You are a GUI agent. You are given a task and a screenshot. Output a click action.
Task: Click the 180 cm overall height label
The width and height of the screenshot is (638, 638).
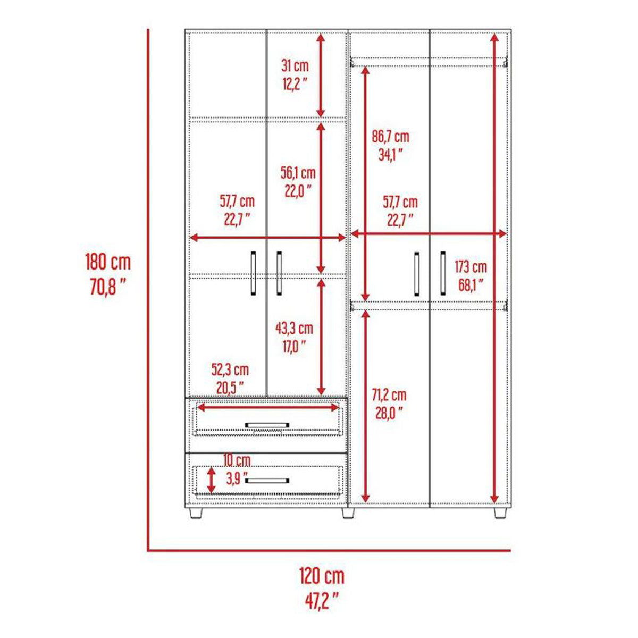point(108,262)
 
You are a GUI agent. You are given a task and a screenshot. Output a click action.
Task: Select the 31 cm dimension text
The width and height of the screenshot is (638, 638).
point(295,66)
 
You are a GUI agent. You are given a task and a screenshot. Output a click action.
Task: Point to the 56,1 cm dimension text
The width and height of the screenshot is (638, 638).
point(298,173)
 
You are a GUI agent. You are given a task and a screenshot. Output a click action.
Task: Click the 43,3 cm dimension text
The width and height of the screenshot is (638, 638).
point(294,329)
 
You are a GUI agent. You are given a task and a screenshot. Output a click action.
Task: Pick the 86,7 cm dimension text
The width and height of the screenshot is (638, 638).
point(390,137)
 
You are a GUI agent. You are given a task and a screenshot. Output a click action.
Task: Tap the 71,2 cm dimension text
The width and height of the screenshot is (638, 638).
point(390,395)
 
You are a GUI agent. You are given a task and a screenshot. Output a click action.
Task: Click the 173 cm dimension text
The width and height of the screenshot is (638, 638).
point(471,267)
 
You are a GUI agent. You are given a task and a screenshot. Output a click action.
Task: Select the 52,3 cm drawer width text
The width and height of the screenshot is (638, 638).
point(230,370)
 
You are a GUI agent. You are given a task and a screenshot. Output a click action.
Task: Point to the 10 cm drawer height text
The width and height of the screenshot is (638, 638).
point(237,460)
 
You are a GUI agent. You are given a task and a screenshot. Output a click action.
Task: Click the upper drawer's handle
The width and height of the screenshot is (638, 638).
point(267,425)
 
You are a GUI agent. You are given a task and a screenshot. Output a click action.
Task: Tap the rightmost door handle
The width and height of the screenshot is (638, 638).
point(443,273)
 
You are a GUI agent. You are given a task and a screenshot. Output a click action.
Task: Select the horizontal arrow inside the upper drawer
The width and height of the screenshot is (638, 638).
point(267,408)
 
